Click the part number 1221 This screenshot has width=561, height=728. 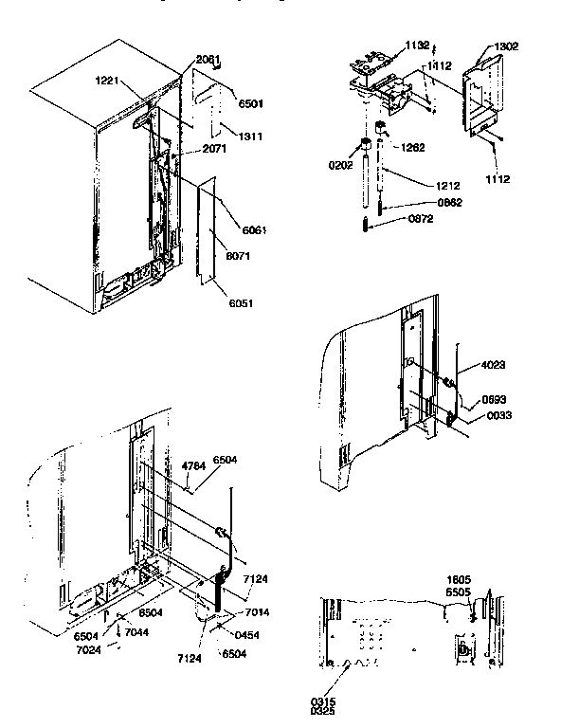108,82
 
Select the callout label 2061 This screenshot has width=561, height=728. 208,59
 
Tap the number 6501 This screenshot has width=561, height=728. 249,103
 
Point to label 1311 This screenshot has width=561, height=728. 249,136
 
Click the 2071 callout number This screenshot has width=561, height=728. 213,151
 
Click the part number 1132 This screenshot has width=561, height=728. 418,45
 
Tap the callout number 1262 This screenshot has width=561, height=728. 412,147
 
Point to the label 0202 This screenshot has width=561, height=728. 340,163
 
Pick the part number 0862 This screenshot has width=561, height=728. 450,203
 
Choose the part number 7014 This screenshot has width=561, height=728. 258,613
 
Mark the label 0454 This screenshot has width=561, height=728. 248,633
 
